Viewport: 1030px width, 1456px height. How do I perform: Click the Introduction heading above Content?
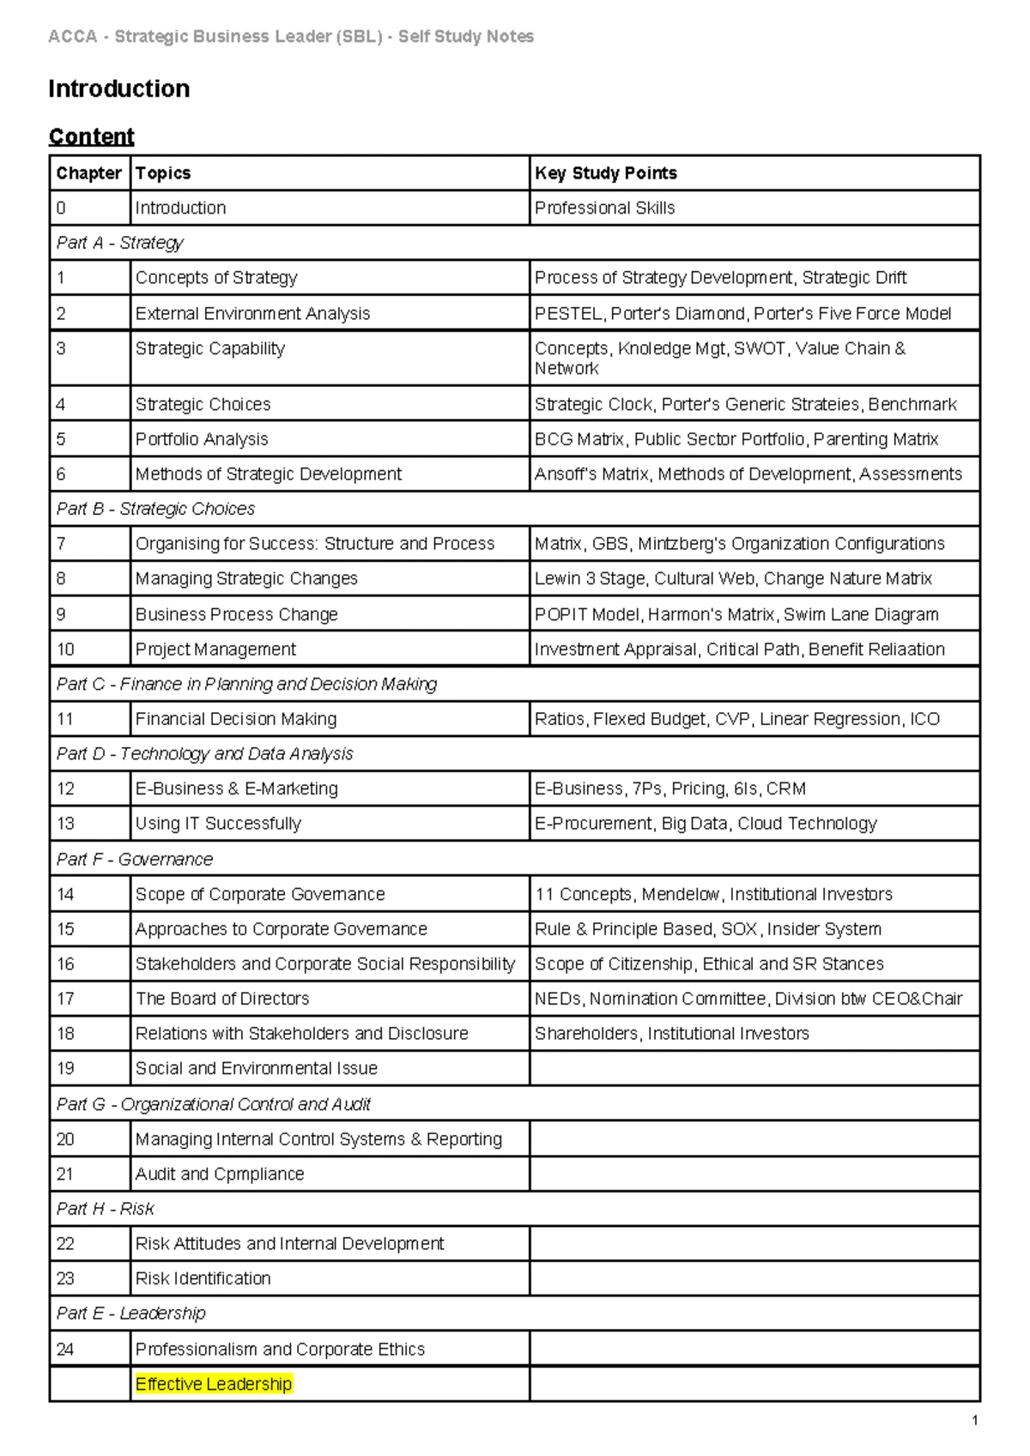pyautogui.click(x=119, y=89)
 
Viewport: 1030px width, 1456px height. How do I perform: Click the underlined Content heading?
pyautogui.click(x=91, y=136)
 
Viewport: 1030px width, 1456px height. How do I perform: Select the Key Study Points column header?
pyautogui.click(x=606, y=173)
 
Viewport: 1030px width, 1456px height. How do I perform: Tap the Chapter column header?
pyautogui.click(x=88, y=173)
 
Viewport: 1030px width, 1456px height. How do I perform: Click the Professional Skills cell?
pyautogui.click(x=604, y=208)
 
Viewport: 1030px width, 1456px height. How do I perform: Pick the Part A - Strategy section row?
pyautogui.click(x=120, y=243)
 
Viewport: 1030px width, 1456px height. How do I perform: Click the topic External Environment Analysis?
pyautogui.click(x=252, y=314)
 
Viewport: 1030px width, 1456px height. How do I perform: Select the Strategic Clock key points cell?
pyautogui.click(x=745, y=404)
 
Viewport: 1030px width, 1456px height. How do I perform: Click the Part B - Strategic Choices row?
pyautogui.click(x=155, y=509)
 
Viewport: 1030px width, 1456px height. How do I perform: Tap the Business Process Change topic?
pyautogui.click(x=236, y=614)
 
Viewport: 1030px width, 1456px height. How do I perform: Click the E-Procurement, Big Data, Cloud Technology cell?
pyautogui.click(x=705, y=824)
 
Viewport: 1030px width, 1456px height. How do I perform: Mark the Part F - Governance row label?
pyautogui.click(x=135, y=859)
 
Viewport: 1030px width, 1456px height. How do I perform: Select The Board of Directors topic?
pyautogui.click(x=222, y=999)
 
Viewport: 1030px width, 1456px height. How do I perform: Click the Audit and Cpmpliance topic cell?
pyautogui.click(x=220, y=1174)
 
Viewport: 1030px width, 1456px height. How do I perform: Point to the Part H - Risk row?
pyautogui.click(x=106, y=1209)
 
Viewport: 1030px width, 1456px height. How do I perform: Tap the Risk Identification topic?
pyautogui.click(x=203, y=1278)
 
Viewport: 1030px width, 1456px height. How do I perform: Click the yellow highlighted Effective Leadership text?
pyautogui.click(x=214, y=1384)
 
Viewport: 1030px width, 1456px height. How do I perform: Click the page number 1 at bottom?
pyautogui.click(x=975, y=1421)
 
